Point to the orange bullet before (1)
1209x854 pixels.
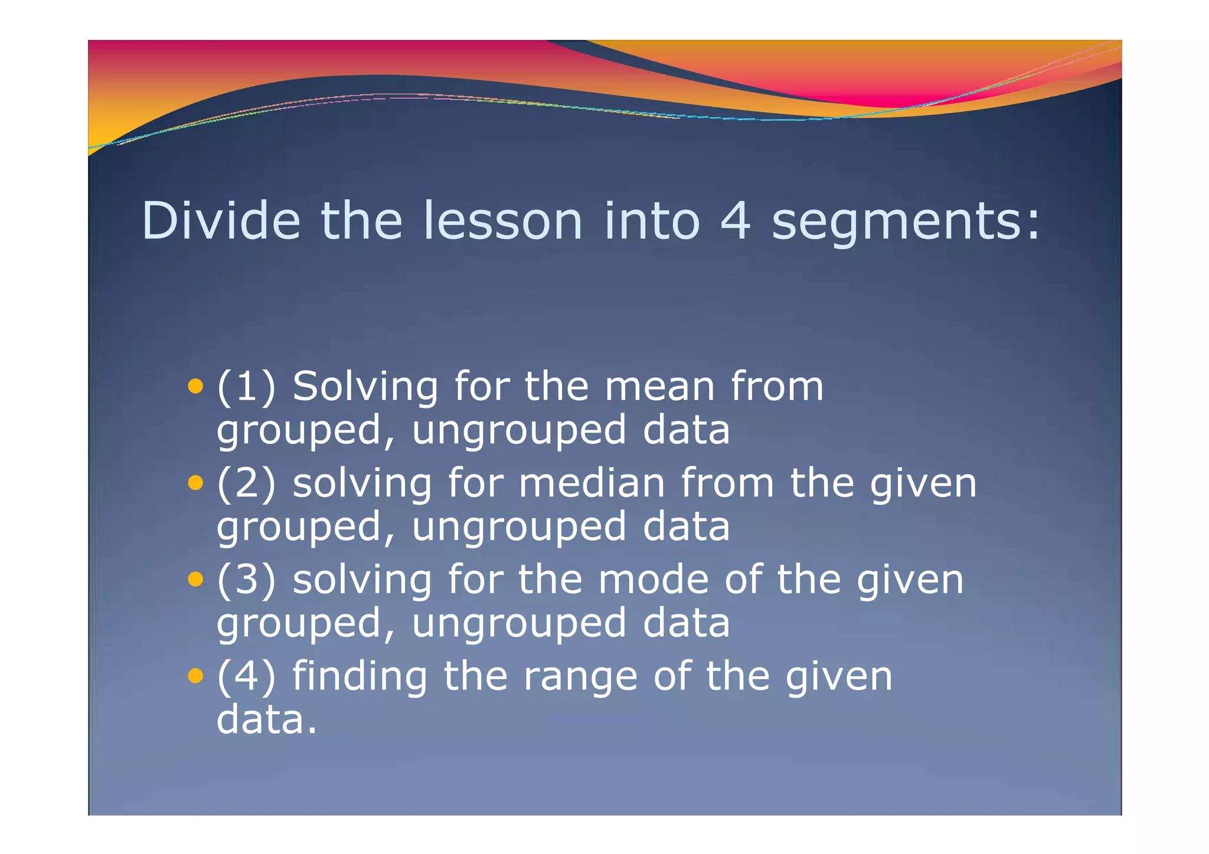[x=195, y=387]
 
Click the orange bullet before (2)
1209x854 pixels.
[x=195, y=483]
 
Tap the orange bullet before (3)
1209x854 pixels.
[x=195, y=580]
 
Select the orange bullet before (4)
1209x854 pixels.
[x=195, y=676]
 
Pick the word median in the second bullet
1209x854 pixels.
[x=592, y=484]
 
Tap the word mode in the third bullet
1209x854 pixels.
[x=653, y=580]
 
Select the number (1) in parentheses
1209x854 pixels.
[x=246, y=387]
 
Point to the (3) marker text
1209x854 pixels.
[x=246, y=580]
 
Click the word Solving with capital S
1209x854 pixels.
[x=365, y=388]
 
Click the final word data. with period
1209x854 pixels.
[x=267, y=720]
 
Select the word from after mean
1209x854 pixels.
[x=777, y=387]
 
